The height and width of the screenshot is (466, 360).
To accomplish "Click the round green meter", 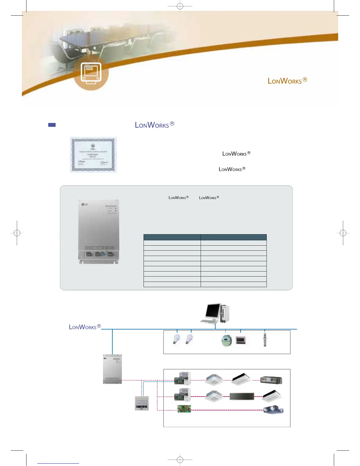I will coord(226,341).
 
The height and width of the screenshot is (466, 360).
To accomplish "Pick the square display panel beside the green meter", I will coord(241,340).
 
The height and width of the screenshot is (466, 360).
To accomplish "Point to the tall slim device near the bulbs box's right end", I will coord(265,339).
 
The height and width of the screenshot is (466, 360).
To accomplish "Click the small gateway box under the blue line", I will coord(112,369).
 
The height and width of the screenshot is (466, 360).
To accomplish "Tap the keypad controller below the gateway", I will coord(142,403).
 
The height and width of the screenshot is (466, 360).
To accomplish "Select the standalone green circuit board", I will coord(184,409).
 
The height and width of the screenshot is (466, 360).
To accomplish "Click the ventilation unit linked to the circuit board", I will coord(273,410).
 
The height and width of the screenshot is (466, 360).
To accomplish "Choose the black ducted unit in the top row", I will coord(271,380).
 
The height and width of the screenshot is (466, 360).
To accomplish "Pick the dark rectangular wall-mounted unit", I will coord(242,396).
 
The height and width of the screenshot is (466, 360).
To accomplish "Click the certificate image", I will coord(93,155).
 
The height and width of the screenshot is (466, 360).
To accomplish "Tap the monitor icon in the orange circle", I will coord(91,73).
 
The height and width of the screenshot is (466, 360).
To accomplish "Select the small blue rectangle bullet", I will coord(52,125).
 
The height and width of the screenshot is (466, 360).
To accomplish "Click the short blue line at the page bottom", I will coord(58,463).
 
